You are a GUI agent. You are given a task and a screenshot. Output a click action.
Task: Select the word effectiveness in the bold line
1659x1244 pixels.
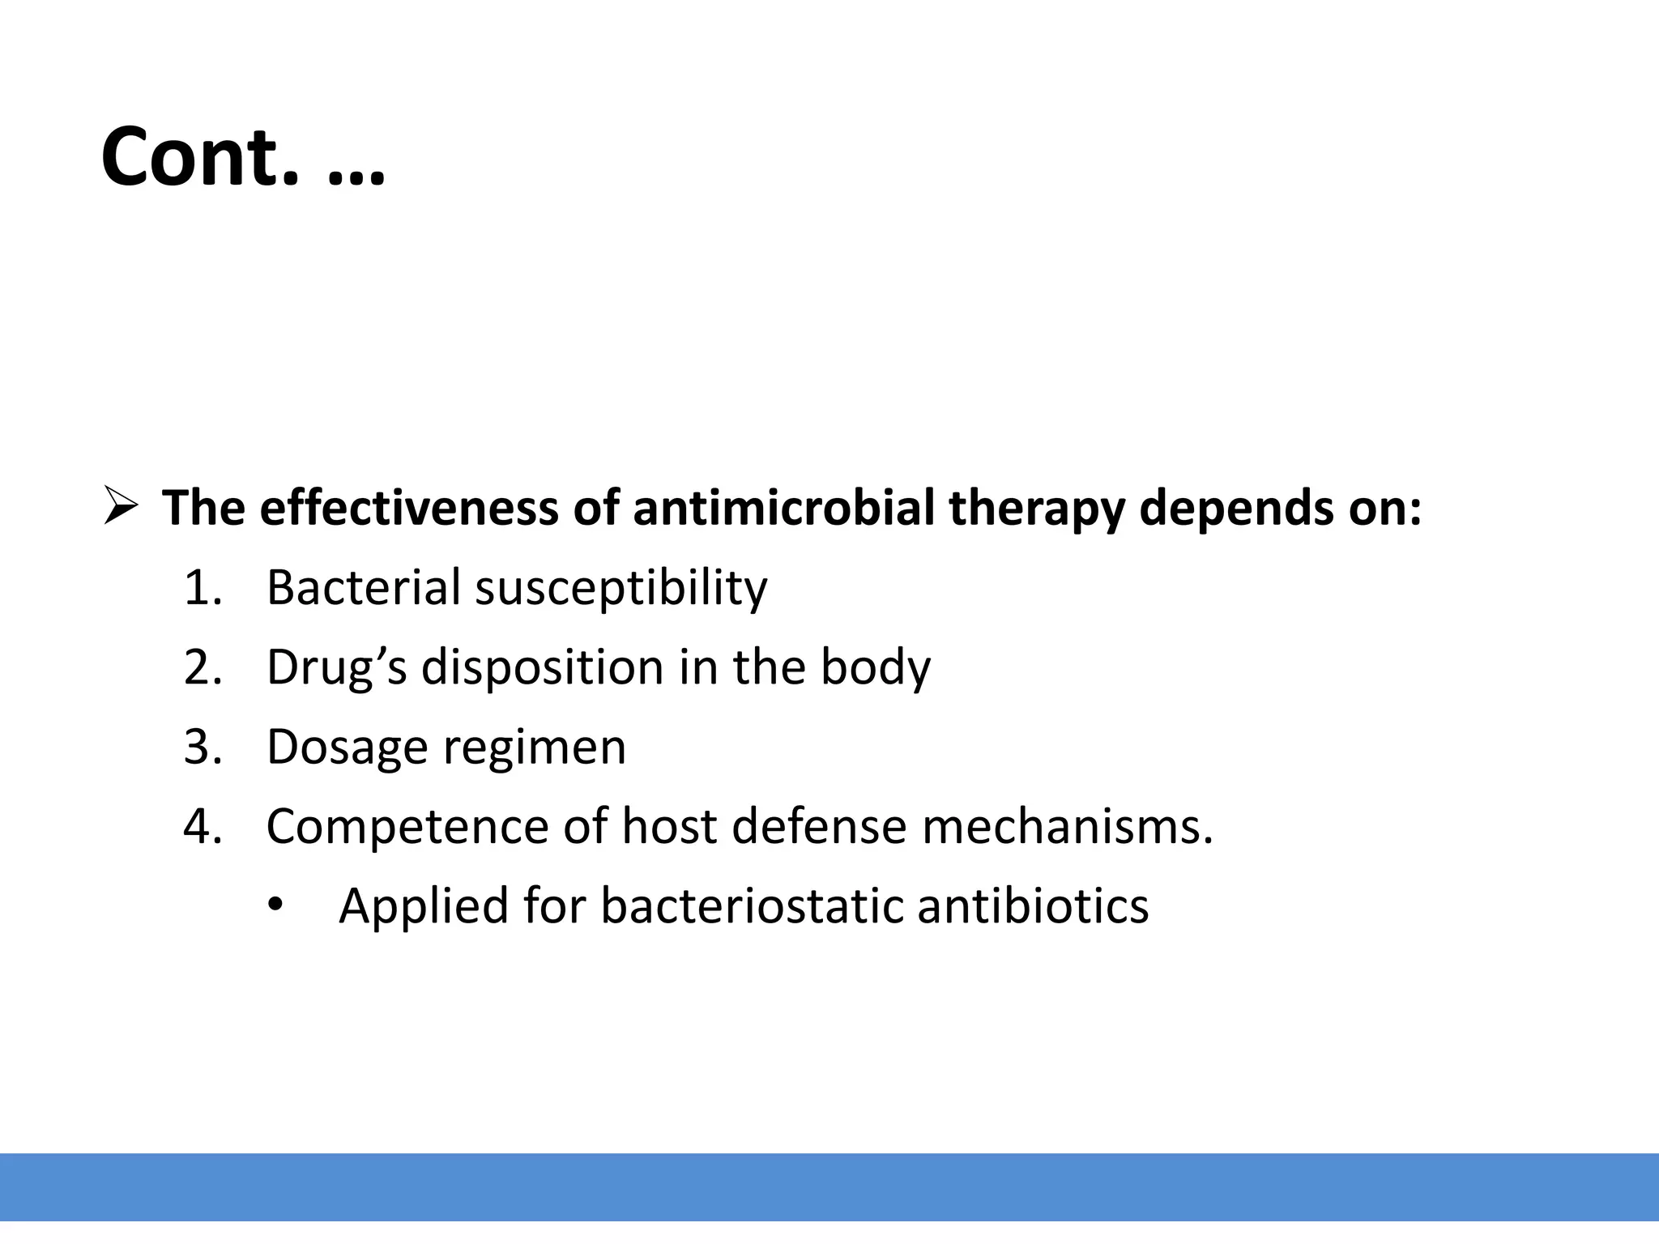pyautogui.click(x=409, y=508)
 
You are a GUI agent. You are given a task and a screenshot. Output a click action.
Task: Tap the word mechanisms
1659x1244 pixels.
pyautogui.click(x=1068, y=826)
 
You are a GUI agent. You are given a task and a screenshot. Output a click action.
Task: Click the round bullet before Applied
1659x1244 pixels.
pyautogui.click(x=275, y=905)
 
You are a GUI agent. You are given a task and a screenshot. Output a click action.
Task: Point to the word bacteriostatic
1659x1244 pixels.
pyautogui.click(x=751, y=905)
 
